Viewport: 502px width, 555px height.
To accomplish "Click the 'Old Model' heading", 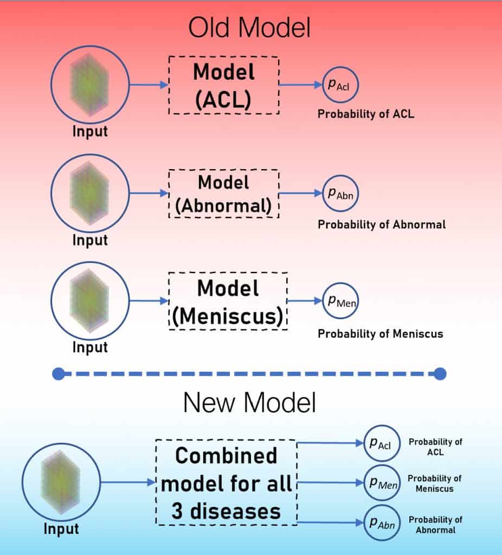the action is click(x=249, y=28).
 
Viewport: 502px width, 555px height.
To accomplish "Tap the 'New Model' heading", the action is click(x=249, y=403).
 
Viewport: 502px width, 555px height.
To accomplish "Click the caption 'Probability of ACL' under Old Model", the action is click(x=366, y=114).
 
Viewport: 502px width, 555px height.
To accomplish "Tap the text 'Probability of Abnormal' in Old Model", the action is click(x=382, y=224).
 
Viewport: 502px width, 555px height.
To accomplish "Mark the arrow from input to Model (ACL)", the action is click(x=149, y=85).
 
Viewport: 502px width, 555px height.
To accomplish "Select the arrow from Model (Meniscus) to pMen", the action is click(x=305, y=301).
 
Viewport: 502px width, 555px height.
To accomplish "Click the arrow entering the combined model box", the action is click(x=128, y=482).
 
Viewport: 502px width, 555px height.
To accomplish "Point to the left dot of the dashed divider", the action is click(x=59, y=374).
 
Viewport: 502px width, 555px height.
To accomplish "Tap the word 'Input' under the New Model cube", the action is click(x=61, y=529).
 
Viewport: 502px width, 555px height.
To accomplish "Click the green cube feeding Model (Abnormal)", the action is click(x=89, y=193).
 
